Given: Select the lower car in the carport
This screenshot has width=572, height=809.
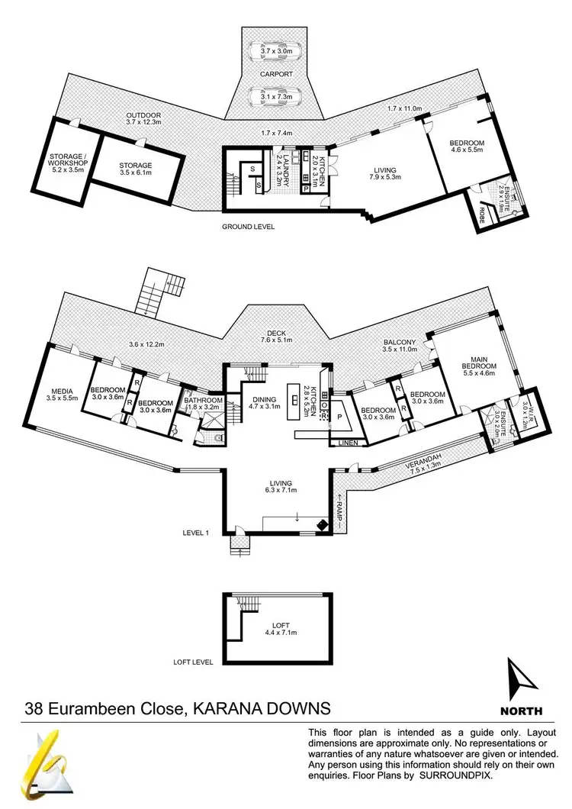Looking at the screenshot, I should [277, 97].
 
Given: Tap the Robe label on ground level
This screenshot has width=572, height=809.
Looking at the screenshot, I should [481, 212].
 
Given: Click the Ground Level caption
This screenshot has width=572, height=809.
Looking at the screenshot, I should [248, 227].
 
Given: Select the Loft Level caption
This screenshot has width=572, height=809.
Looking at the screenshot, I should [193, 662].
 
